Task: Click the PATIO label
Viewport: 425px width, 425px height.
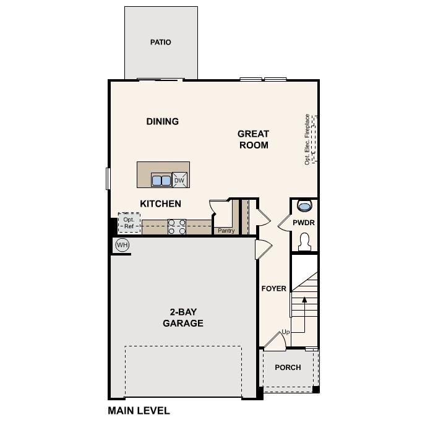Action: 160,43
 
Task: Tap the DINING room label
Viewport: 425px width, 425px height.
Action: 163,121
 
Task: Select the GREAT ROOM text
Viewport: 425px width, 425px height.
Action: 254,139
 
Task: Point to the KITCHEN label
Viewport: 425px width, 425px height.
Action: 160,204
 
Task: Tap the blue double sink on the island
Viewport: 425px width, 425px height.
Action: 161,180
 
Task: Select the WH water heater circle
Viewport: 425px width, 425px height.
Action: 122,245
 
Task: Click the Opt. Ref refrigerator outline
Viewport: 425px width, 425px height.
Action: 129,223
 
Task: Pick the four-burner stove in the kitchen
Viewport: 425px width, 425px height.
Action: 177,227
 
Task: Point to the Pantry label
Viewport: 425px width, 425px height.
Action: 226,231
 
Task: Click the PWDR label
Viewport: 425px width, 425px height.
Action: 304,222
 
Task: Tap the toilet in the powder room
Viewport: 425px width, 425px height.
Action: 304,241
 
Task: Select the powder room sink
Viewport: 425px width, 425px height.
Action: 304,205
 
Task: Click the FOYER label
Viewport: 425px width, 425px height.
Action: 274,289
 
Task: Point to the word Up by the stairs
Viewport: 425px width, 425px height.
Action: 285,332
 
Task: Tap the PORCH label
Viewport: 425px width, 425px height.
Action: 288,367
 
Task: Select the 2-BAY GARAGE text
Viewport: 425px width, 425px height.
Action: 183,317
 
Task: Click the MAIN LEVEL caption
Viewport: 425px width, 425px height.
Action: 139,410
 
